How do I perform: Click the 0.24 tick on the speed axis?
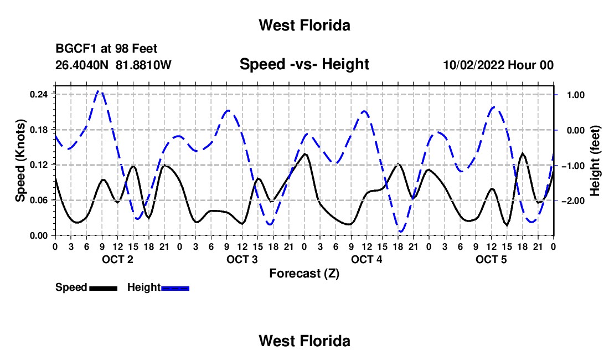pos(39,94)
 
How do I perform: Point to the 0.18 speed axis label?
pos(39,130)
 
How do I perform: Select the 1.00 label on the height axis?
pos(576,95)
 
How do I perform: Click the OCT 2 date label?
pos(117,259)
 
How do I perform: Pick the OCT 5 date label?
pos(491,259)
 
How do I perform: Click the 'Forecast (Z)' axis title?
pos(304,274)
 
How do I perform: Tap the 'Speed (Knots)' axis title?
pos(20,161)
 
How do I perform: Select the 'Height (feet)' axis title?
pos(595,161)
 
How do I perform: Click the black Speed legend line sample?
pos(104,289)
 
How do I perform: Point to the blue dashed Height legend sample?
pos(175,289)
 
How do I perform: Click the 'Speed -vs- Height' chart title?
pos(304,64)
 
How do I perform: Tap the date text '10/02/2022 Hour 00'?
pos(498,65)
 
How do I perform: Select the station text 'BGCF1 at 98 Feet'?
pos(106,49)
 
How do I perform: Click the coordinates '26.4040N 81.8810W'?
pos(113,65)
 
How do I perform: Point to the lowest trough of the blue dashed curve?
pos(401,232)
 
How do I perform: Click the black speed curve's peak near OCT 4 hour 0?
pos(305,154)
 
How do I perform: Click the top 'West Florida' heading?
pos(304,25)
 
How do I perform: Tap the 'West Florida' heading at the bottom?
pos(304,341)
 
